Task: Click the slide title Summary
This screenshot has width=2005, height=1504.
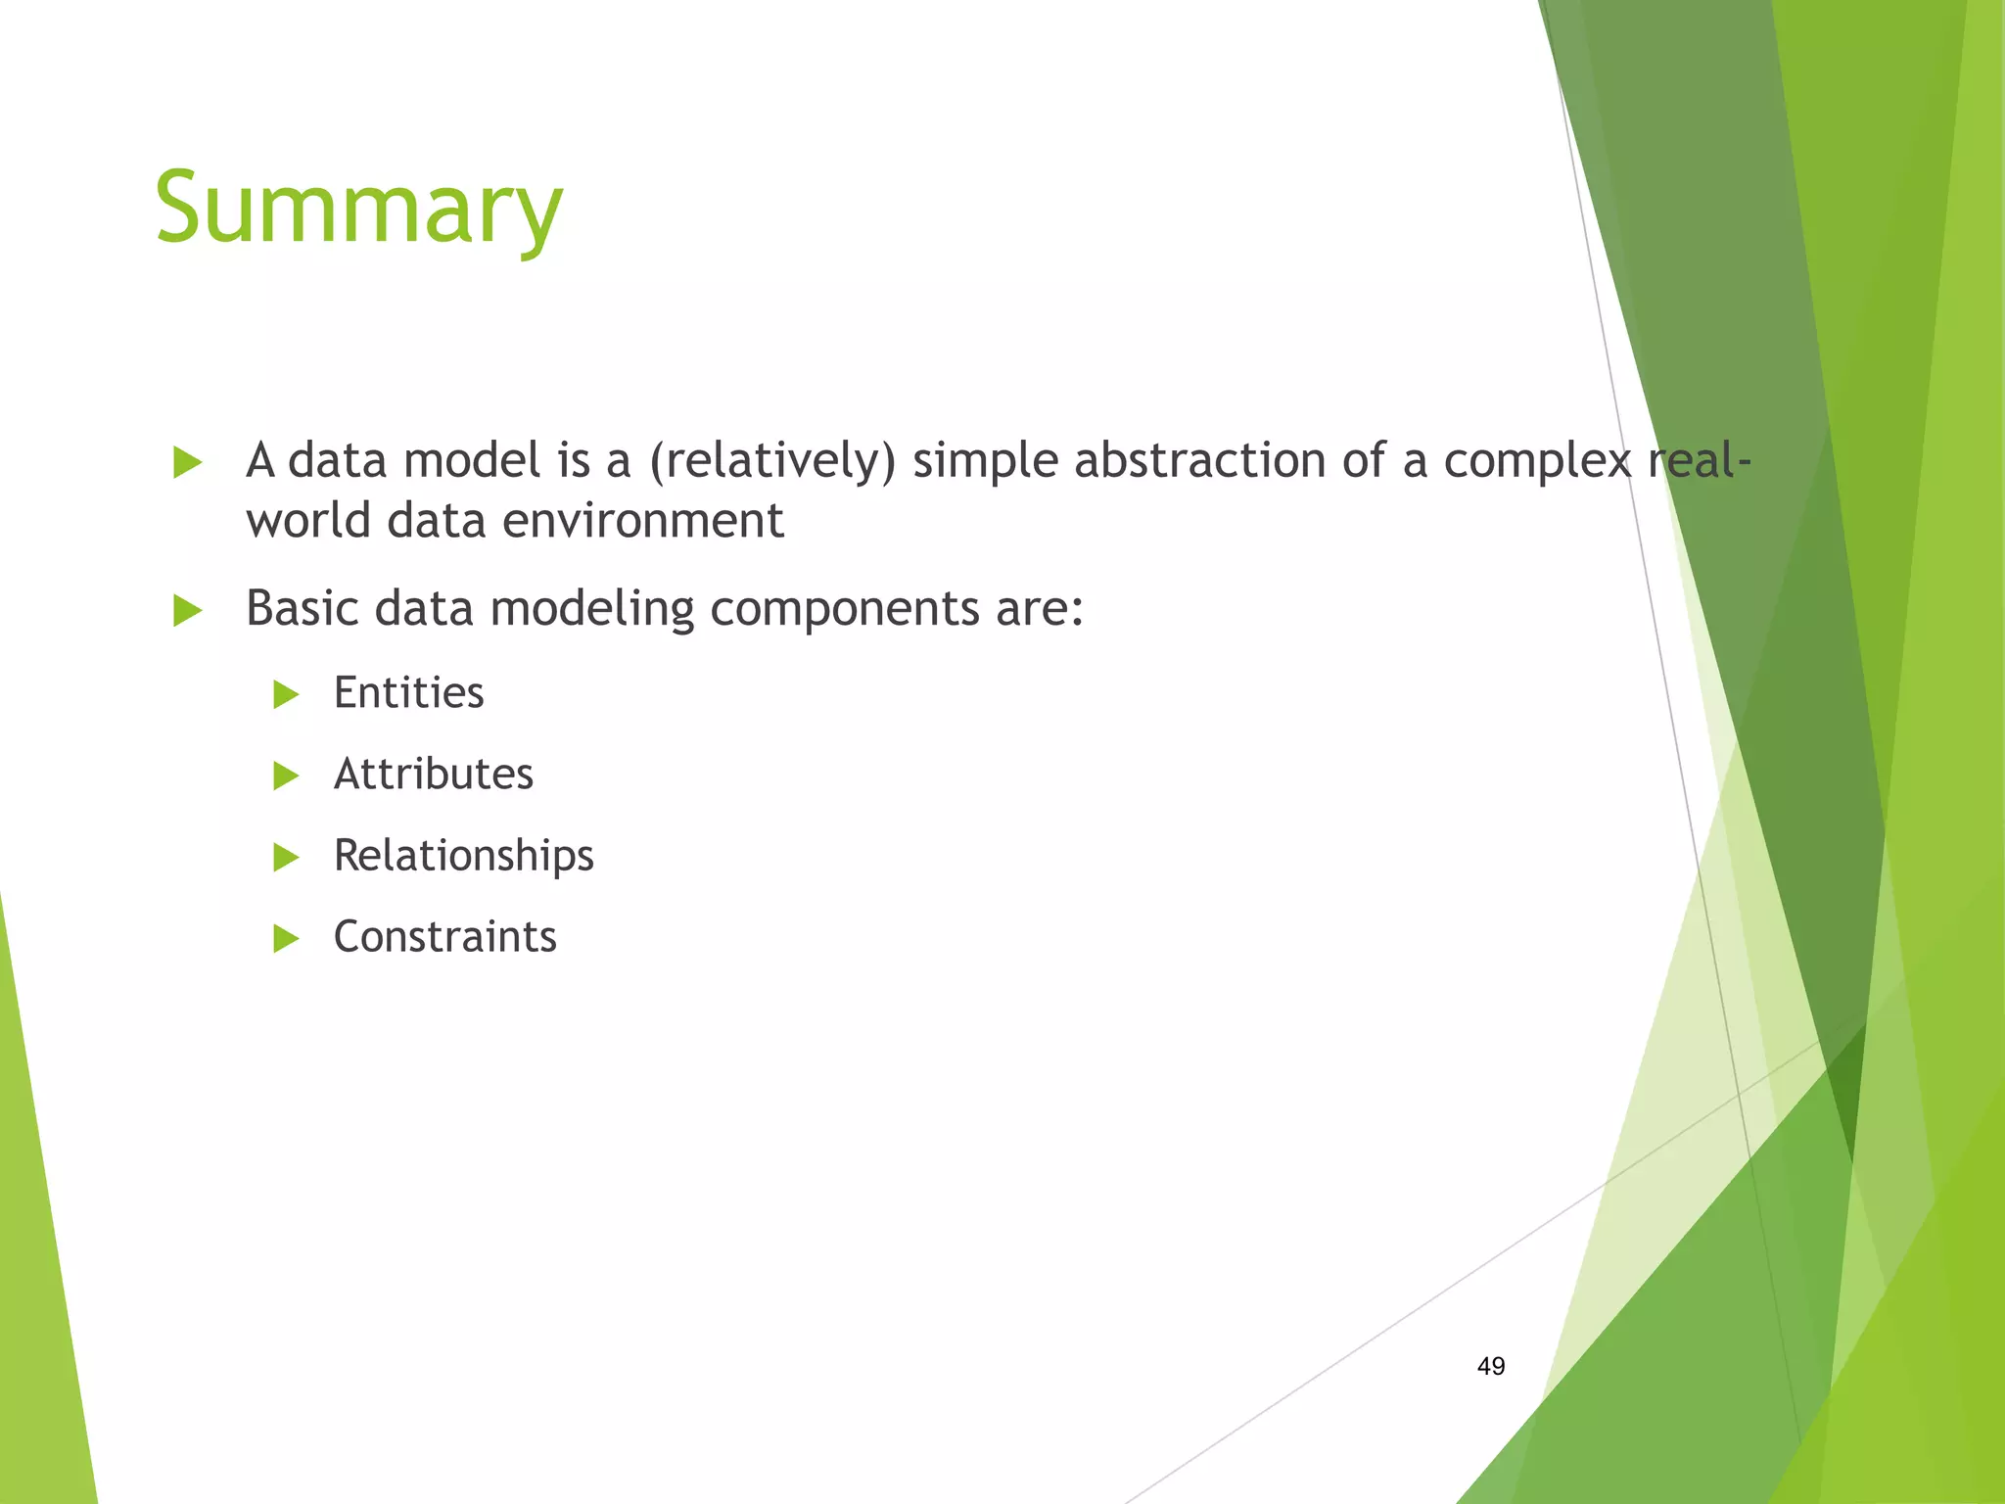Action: tap(358, 208)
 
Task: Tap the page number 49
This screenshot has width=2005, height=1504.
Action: tap(1490, 1366)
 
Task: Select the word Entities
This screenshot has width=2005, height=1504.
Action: tap(408, 693)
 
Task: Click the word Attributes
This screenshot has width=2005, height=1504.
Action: tap(433, 775)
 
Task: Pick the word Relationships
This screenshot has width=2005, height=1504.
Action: tap(463, 856)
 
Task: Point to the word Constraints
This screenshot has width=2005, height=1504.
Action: tap(444, 937)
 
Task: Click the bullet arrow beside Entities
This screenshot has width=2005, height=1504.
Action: tap(285, 695)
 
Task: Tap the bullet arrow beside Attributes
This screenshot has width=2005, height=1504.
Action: tap(285, 776)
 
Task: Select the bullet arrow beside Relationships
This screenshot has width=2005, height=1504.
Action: tap(285, 858)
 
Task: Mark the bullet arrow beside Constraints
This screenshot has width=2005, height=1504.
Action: tap(285, 939)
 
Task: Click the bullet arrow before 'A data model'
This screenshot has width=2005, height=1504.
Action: tap(187, 462)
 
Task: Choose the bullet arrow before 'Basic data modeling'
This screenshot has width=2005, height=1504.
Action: tap(187, 611)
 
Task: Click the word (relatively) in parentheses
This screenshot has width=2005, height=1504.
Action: tap(771, 461)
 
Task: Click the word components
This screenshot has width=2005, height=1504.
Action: tap(844, 610)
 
